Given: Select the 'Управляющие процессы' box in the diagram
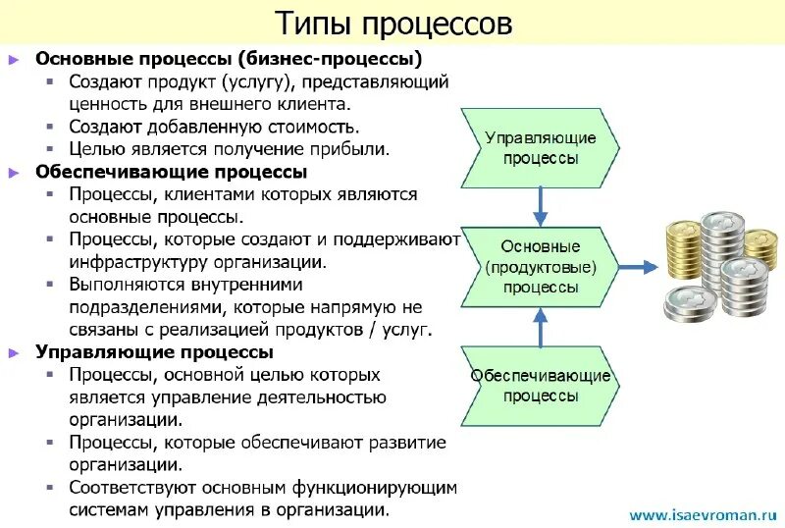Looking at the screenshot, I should pyautogui.click(x=540, y=147).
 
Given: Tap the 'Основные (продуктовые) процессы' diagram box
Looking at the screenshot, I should pyautogui.click(x=540, y=266).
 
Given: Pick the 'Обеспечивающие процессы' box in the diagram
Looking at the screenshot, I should pyautogui.click(x=540, y=385).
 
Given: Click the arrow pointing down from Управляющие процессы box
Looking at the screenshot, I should pyautogui.click(x=540, y=206).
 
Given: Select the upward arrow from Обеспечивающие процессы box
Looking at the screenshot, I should pyautogui.click(x=540, y=326).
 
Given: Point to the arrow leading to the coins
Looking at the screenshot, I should pyautogui.click(x=638, y=266).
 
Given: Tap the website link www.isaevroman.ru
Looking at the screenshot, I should pyautogui.click(x=703, y=513).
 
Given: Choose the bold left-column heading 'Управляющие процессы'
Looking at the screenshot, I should pyautogui.click(x=154, y=351).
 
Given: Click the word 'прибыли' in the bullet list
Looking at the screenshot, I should pyautogui.click(x=357, y=149).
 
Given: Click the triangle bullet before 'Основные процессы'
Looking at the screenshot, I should pyautogui.click(x=14, y=59).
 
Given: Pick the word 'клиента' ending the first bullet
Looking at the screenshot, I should pyautogui.click(x=314, y=103).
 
